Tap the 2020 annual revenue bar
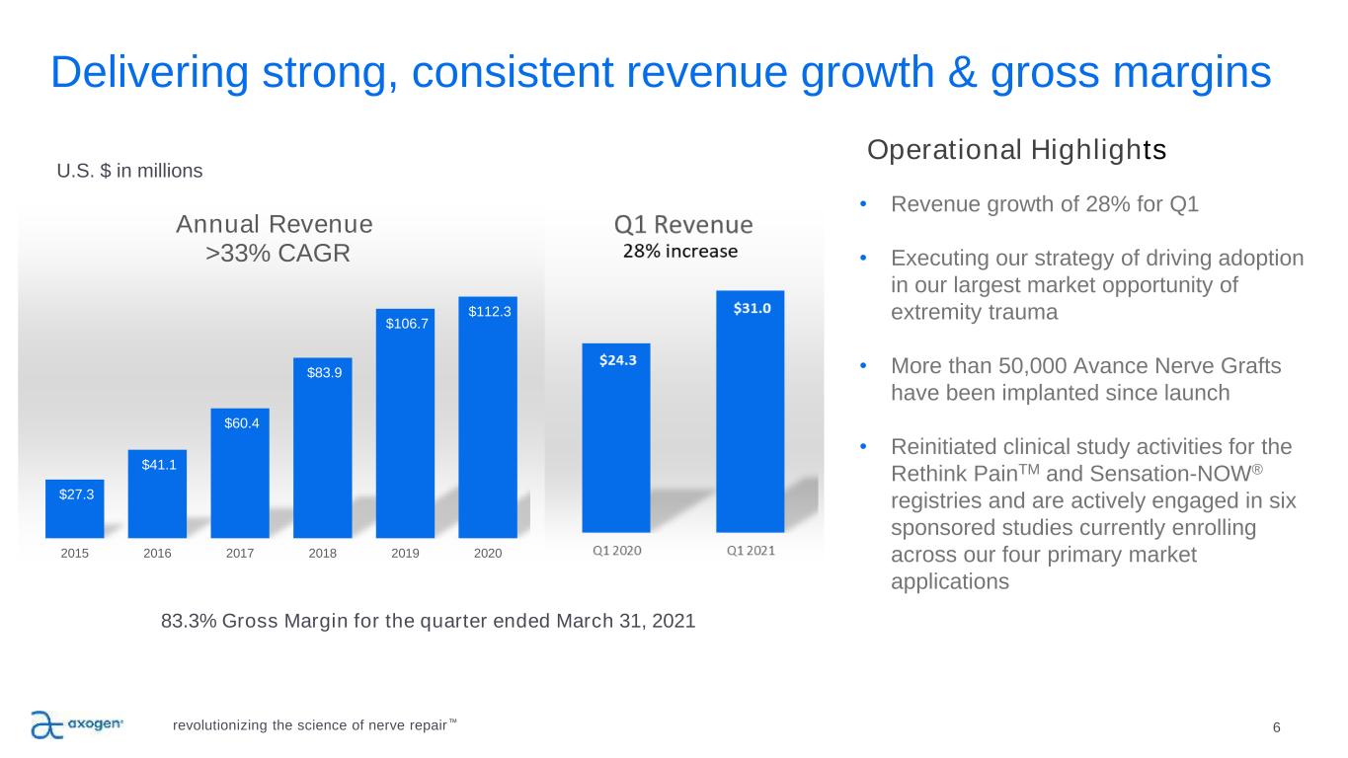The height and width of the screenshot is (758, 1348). (x=488, y=424)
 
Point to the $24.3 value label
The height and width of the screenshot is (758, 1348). (x=618, y=360)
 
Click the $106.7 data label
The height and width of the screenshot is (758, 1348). (x=406, y=322)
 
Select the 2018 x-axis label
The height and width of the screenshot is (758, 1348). (x=322, y=554)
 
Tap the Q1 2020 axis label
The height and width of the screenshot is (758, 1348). (x=616, y=551)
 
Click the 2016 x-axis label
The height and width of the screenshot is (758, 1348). (x=157, y=554)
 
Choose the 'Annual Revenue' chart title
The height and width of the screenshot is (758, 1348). (x=275, y=224)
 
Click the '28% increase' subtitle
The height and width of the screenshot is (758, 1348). (x=679, y=251)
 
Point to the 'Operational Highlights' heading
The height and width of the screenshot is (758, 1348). (x=1016, y=151)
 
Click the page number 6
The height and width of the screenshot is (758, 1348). (x=1277, y=728)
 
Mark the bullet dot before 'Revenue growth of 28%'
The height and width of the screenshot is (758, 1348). (x=863, y=205)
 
